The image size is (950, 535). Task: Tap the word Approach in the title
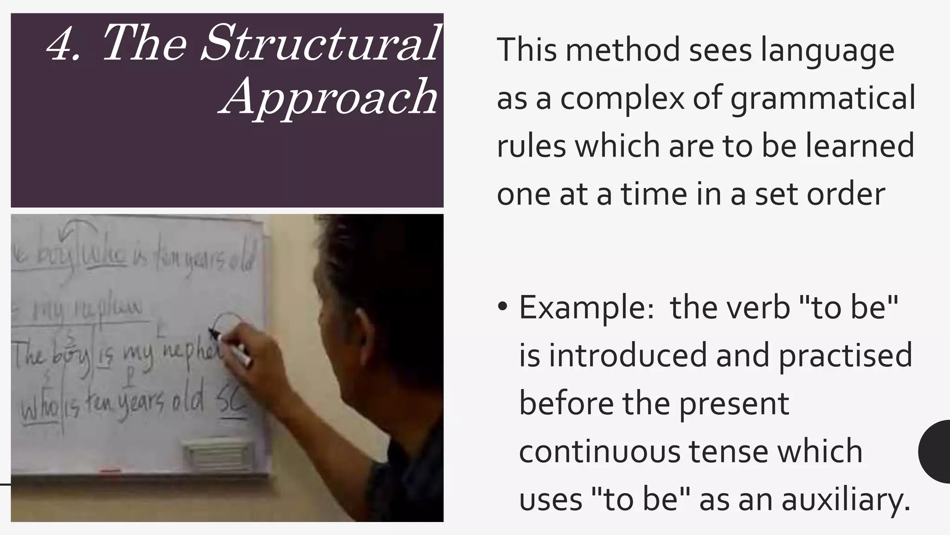pos(328,97)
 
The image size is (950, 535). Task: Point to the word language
pos(828,50)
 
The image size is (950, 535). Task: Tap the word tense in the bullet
pos(728,451)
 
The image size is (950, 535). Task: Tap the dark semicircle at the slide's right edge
pos(935,451)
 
